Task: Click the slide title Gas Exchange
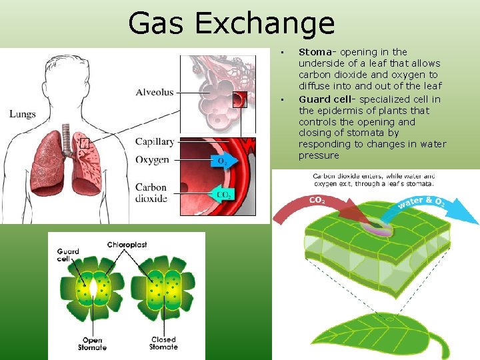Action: tap(231, 24)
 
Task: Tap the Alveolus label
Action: tap(154, 93)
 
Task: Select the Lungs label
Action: tap(23, 114)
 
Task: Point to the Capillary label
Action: tap(155, 141)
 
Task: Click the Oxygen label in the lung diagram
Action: tap(152, 160)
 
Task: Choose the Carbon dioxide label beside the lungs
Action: tap(151, 193)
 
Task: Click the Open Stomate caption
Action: tap(92, 343)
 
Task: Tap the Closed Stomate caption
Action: tap(163, 343)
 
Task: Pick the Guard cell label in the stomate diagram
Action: tap(68, 255)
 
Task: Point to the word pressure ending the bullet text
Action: tap(319, 156)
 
